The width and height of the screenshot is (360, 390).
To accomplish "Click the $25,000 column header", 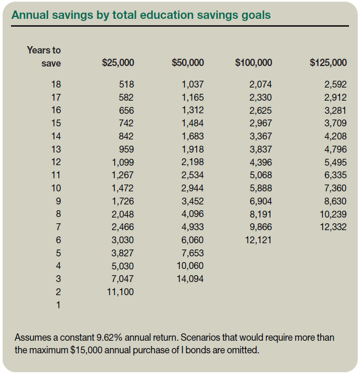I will (x=118, y=63).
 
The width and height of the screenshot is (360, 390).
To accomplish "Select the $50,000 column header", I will (x=187, y=63).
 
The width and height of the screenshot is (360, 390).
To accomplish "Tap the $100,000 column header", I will (x=254, y=63).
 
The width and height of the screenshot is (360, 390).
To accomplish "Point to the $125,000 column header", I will (x=328, y=63).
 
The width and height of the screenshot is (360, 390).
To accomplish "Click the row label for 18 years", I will (x=56, y=84).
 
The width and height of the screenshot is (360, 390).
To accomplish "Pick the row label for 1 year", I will (x=58, y=305).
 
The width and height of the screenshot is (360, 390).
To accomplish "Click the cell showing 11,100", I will (x=121, y=292).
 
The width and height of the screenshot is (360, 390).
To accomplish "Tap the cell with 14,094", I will (x=190, y=279).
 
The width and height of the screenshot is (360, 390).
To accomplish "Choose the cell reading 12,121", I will (x=259, y=240).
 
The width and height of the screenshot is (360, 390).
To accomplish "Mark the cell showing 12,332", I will (x=333, y=227).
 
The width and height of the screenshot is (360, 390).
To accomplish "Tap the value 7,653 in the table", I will (x=193, y=253).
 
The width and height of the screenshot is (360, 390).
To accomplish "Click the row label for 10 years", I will (x=56, y=188).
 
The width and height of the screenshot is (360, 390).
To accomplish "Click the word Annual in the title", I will (x=27, y=15).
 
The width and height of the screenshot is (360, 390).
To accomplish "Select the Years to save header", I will (x=44, y=57).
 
